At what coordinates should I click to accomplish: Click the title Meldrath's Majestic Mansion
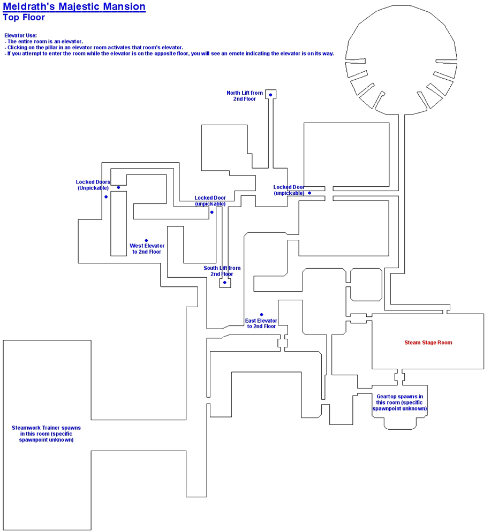(74, 7)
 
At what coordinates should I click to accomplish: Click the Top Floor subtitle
(24, 17)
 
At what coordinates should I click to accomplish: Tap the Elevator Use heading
(20, 35)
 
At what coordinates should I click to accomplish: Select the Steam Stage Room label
(428, 343)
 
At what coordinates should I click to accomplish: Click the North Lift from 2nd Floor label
(245, 96)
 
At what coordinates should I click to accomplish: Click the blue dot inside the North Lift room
(270, 95)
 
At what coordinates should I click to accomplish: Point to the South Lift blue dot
(225, 282)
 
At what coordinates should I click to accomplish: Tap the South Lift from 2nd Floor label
(222, 271)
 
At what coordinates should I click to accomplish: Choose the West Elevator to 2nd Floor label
(147, 249)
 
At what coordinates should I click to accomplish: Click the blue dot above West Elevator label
(146, 240)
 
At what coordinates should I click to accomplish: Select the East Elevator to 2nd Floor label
(261, 323)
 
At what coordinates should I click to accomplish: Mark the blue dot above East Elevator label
(261, 315)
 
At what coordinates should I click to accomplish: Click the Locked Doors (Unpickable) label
(93, 185)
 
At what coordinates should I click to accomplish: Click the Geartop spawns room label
(400, 402)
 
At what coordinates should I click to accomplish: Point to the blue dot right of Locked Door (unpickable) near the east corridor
(309, 193)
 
